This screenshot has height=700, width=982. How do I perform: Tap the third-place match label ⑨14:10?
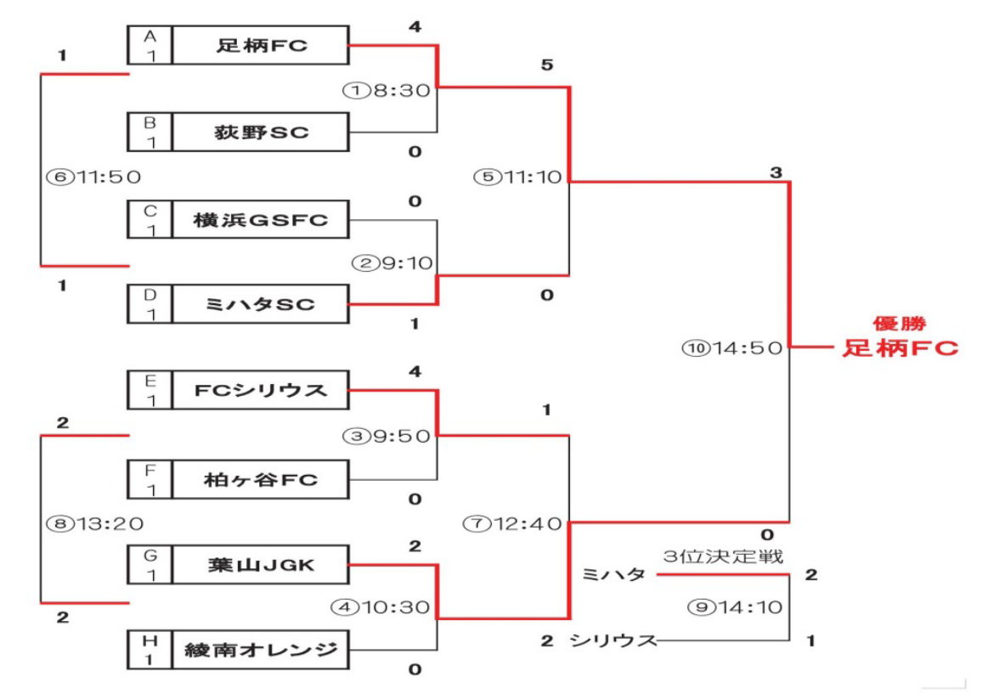(735, 607)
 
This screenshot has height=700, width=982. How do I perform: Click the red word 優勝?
(899, 324)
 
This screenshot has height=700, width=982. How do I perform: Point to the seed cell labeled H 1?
(150, 651)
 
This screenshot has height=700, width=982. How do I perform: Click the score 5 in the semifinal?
(547, 65)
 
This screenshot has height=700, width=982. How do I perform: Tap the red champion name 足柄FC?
(900, 348)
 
